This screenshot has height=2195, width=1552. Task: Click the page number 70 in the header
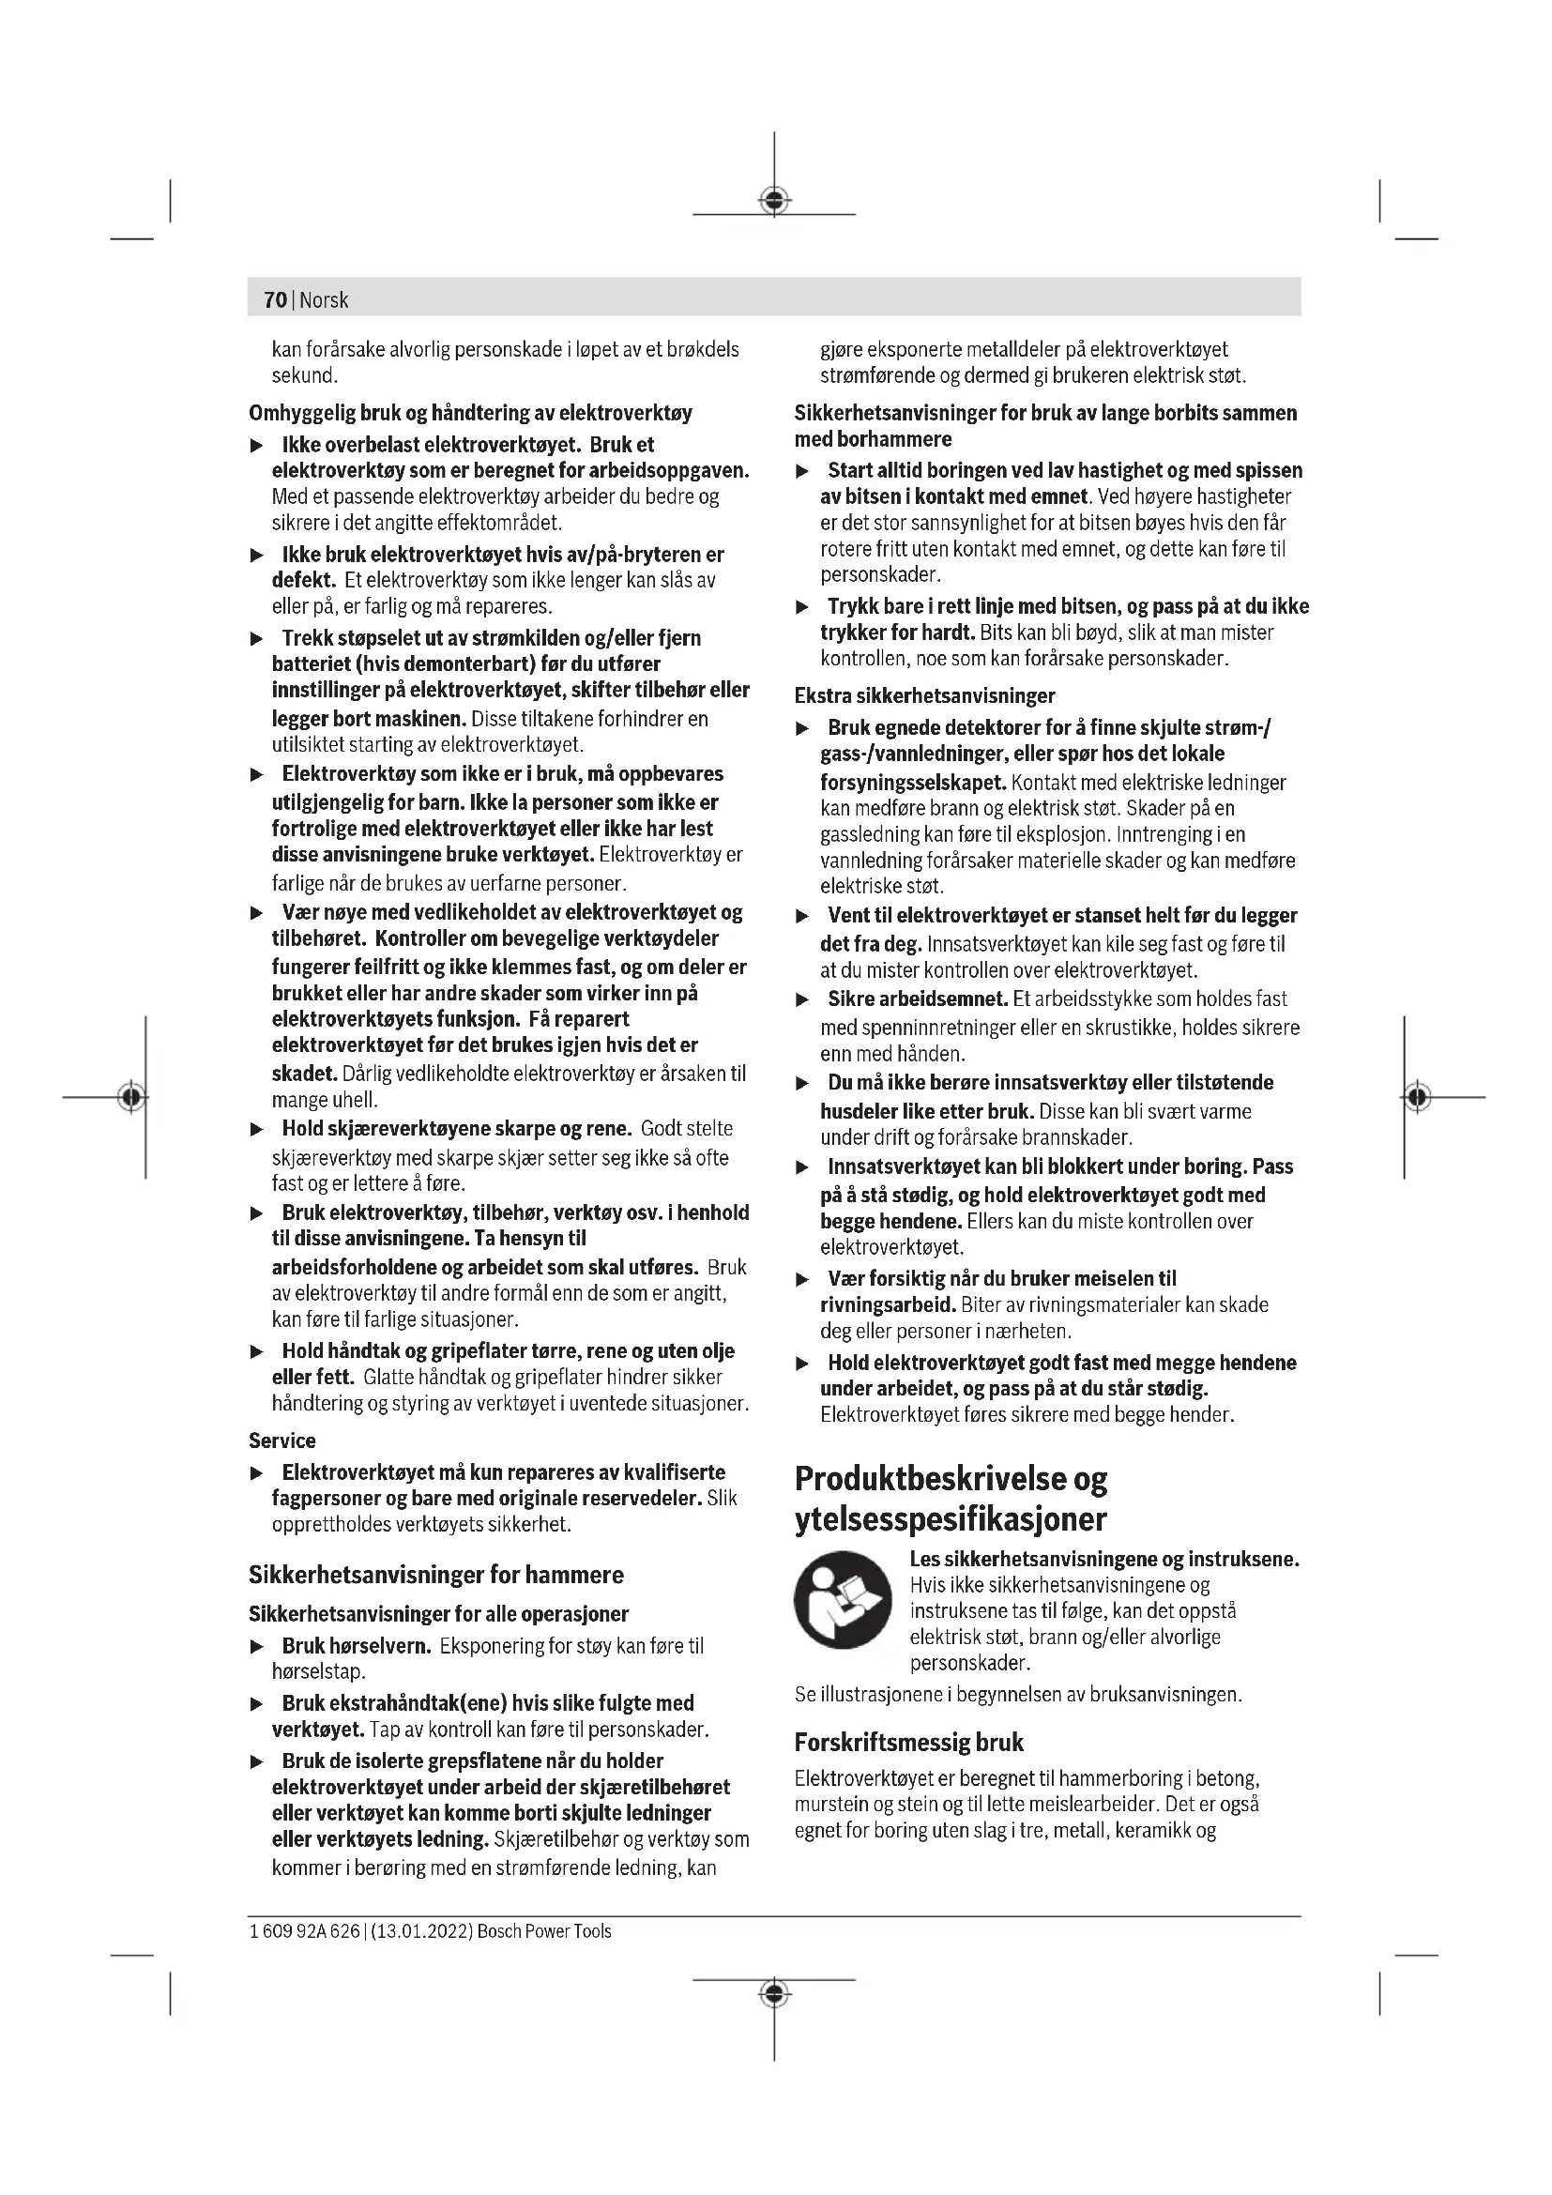(x=275, y=300)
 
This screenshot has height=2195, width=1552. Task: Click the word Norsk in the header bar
(x=324, y=300)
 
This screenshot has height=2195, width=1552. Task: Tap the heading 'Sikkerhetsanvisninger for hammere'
(x=435, y=1575)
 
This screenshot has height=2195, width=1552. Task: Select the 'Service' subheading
(x=281, y=1440)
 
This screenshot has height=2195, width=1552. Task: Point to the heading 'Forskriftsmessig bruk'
(x=909, y=1743)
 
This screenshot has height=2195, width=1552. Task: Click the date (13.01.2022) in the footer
(x=421, y=1931)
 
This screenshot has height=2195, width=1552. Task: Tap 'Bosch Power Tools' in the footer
(x=544, y=1931)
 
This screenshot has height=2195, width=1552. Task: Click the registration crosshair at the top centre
(x=774, y=201)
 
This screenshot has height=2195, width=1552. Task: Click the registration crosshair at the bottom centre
(x=774, y=1994)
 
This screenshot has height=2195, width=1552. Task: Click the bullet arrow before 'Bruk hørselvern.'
(x=256, y=1647)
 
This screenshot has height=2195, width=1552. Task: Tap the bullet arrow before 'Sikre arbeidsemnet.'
(x=803, y=1000)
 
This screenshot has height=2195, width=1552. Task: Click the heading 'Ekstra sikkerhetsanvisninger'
(x=925, y=696)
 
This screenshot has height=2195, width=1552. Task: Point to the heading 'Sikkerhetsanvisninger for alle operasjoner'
(x=438, y=1615)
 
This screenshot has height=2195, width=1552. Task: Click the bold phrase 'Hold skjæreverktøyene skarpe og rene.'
(x=457, y=1129)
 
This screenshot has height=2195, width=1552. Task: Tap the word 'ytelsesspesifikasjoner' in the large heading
(x=951, y=1518)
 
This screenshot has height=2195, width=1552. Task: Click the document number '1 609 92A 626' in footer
(x=304, y=1931)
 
